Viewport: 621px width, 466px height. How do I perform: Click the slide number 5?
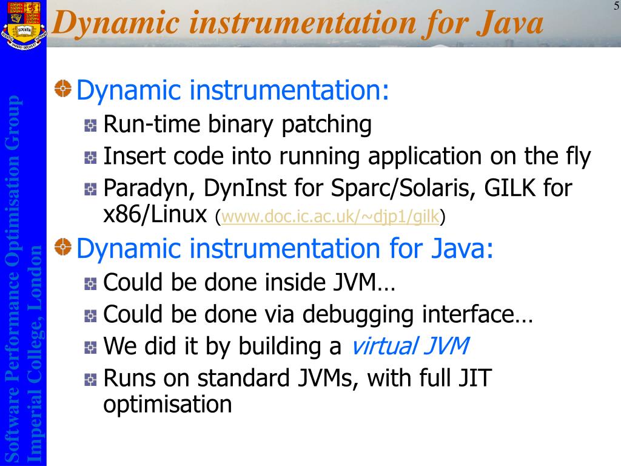click(616, 6)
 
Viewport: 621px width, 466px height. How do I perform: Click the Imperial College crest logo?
click(23, 24)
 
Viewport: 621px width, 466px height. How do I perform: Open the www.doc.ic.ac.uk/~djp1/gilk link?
click(331, 217)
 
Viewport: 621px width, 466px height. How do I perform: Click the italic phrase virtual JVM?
click(410, 346)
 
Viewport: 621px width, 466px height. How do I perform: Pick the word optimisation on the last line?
click(167, 404)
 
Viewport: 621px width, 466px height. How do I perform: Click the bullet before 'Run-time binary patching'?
click(91, 126)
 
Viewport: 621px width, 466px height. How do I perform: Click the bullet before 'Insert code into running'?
click(91, 158)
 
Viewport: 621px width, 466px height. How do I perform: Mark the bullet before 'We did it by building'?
click(91, 347)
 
